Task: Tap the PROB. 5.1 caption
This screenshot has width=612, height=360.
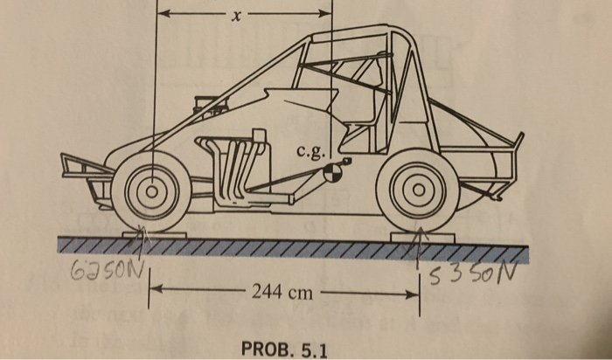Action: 284,350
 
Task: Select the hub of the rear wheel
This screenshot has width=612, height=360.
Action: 419,188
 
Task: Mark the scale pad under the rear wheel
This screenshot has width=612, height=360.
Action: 420,234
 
